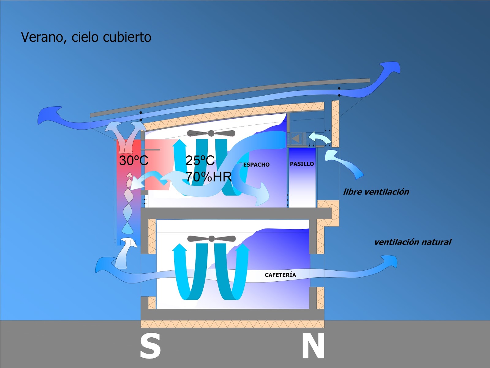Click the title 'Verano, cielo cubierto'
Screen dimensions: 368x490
pos(86,37)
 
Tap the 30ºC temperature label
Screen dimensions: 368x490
pos(134,160)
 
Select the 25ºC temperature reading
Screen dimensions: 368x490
pos(200,160)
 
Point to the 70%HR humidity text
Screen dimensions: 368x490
pos(209,177)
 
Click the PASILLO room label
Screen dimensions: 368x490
pos(302,164)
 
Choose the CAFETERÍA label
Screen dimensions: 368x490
pos(280,275)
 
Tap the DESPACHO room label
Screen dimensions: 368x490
pos(255,165)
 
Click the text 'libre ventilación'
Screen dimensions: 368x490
pos(376,192)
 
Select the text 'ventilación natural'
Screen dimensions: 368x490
pos(413,242)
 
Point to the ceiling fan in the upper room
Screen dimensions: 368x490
pos(211,133)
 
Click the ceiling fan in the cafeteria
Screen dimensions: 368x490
pos(211,239)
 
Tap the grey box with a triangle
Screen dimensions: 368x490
pos(296,138)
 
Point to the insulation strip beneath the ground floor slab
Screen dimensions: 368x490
pos(232,324)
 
